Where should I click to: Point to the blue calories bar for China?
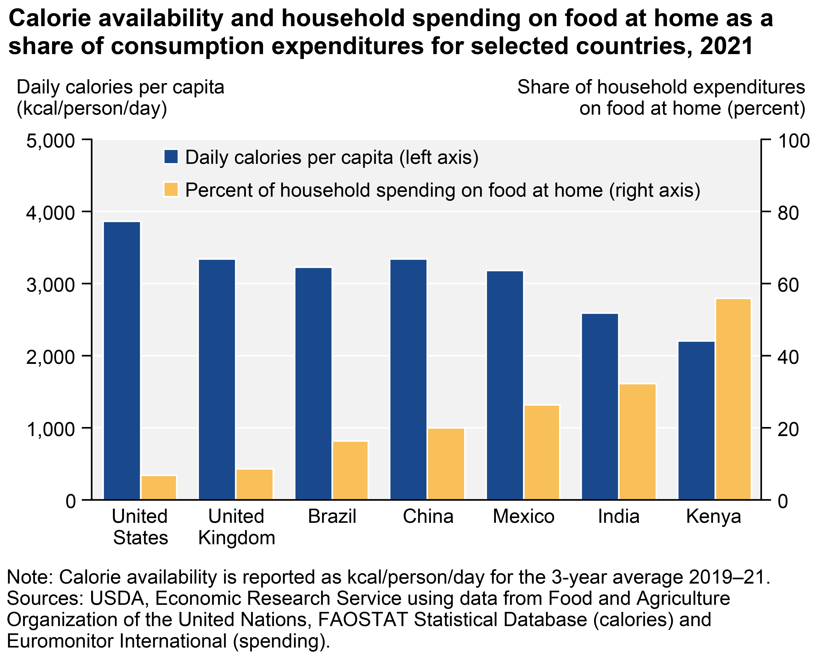point(409,379)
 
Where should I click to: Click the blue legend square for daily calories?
point(171,157)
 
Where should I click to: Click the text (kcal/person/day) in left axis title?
point(92,109)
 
